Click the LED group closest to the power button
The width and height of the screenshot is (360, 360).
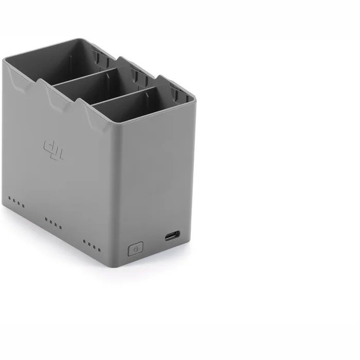pos(92,244)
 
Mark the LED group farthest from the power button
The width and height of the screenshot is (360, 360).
pos(16,202)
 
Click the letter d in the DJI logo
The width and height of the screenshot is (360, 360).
pos(47,147)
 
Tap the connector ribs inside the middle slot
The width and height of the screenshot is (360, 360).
pos(137,76)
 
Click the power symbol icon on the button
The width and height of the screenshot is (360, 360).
pos(135,249)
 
